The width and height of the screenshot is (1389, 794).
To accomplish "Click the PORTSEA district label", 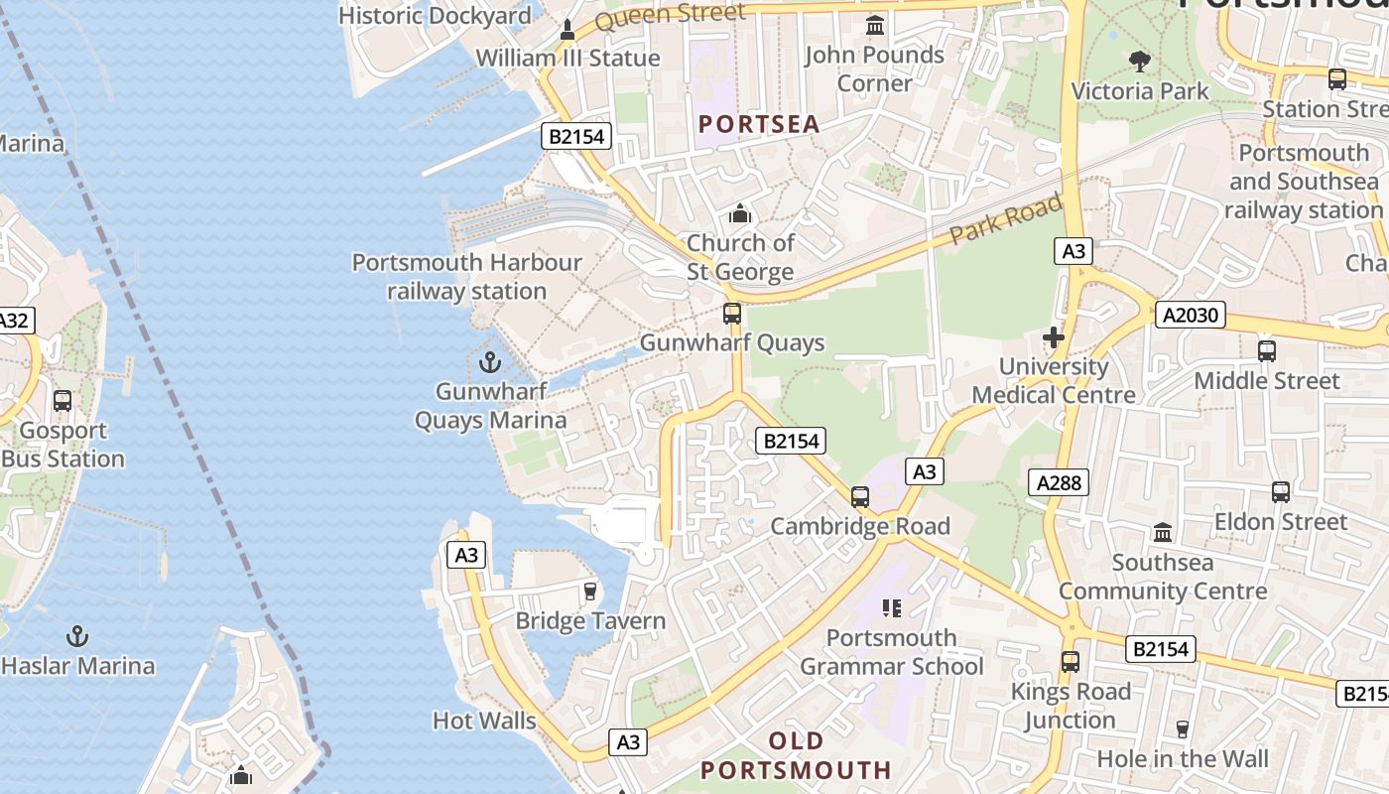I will (x=759, y=124).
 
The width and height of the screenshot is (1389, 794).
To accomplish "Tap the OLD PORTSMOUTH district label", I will (x=796, y=755).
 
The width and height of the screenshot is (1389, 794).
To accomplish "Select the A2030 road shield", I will (x=1190, y=316).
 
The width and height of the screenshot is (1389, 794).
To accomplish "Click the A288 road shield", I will (x=1058, y=483).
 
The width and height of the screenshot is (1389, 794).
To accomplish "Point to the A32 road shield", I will (x=14, y=321).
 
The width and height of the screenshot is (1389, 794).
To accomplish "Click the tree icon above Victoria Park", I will (x=1140, y=62).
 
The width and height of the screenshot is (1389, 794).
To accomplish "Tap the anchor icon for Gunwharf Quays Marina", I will (x=490, y=361).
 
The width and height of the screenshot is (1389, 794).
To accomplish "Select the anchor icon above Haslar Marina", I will (x=77, y=635).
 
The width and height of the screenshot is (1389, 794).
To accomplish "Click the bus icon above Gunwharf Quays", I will (x=732, y=314).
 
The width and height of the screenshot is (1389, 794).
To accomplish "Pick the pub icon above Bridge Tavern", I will (x=590, y=592).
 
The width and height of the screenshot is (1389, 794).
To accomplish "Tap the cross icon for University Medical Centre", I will (x=1053, y=337).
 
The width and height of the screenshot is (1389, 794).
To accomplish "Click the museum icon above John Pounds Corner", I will (x=874, y=26).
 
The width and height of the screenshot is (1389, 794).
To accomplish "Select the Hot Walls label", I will (x=484, y=721).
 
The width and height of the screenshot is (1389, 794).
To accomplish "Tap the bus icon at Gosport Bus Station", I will (x=63, y=401).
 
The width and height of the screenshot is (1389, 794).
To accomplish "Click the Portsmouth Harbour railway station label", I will (x=466, y=277).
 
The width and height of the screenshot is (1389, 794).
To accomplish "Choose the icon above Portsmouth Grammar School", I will (x=891, y=607).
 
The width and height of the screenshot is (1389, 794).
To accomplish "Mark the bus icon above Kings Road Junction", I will (x=1070, y=661).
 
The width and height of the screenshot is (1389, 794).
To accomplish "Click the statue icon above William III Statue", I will (x=568, y=30).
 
